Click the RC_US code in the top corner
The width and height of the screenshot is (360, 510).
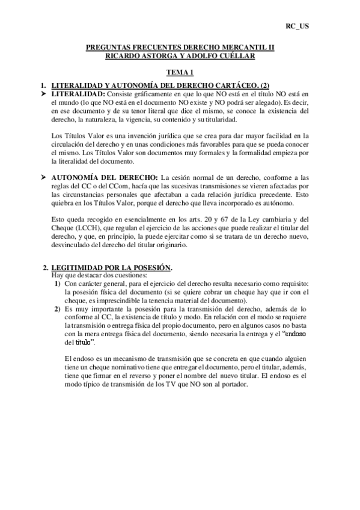[297, 27]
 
